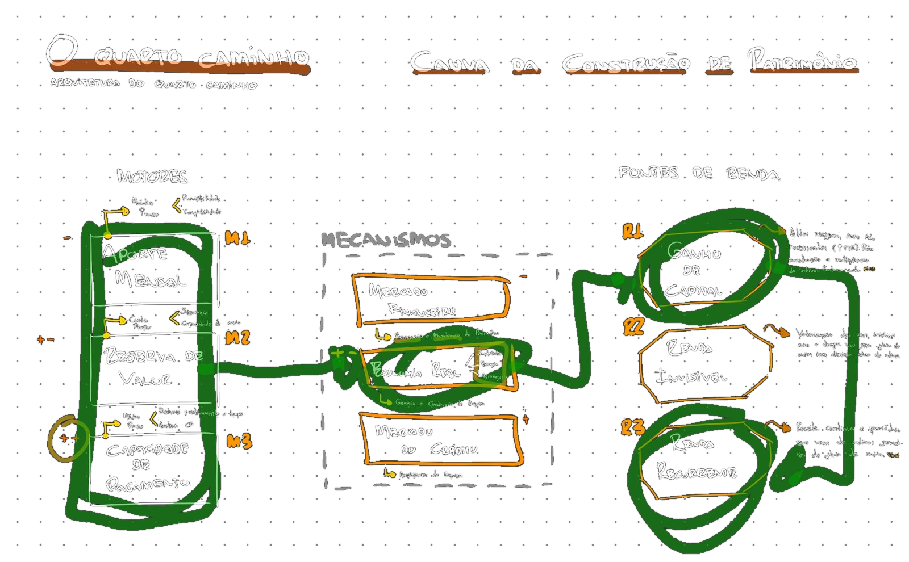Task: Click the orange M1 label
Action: pos(237,238)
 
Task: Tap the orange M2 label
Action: pos(237,338)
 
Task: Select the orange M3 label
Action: pos(239,441)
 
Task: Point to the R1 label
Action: pos(632,232)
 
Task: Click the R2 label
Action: pos(633,327)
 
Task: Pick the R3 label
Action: pos(633,427)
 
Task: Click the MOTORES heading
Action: pos(152,177)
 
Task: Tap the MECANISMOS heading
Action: pos(386,240)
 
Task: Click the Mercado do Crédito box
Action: pos(440,441)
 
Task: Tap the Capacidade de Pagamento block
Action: pos(148,465)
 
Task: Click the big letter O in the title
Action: pos(62,51)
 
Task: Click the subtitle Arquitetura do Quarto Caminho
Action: pos(153,84)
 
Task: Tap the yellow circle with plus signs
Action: pos(68,438)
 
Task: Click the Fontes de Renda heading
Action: pos(699,173)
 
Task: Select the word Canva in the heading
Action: pos(449,63)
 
